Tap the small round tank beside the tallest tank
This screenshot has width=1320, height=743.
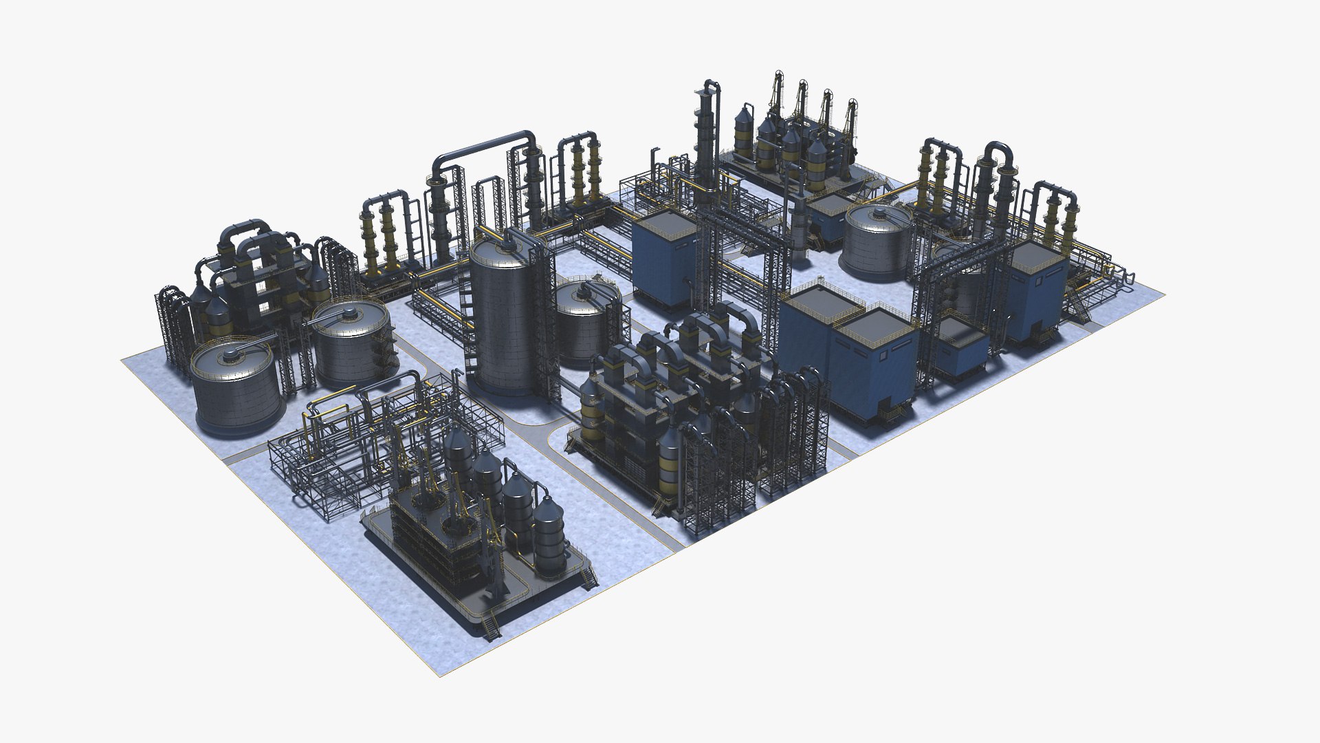(586, 323)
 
